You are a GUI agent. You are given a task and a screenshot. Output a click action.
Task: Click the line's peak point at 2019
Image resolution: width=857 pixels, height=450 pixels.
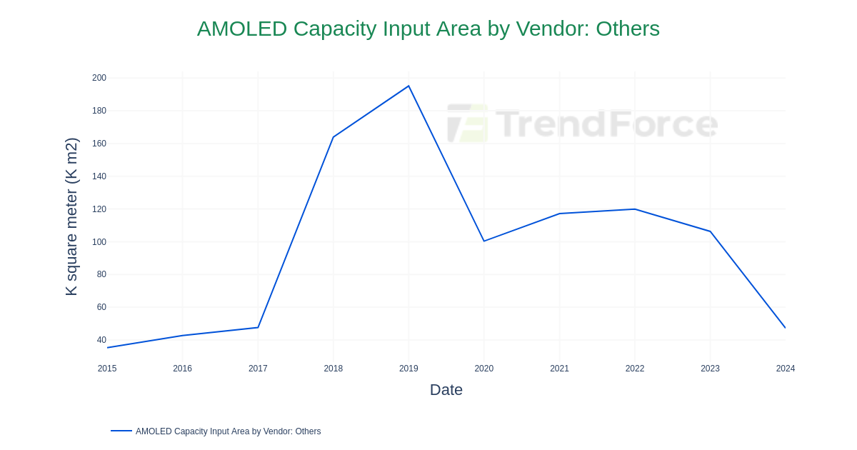click(409, 86)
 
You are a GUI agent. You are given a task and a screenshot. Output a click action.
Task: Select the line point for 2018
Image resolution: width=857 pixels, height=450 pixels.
click(334, 137)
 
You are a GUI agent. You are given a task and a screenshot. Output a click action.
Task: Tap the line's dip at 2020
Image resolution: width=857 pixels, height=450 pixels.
click(484, 241)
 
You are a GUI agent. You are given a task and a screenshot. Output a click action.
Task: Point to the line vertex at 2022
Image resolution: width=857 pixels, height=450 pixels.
click(635, 209)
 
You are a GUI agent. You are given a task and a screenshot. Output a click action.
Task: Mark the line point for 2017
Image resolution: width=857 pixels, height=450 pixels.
click(258, 327)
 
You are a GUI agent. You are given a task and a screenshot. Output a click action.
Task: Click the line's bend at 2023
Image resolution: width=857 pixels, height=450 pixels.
click(710, 231)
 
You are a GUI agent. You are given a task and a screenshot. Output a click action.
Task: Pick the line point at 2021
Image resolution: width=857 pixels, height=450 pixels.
click(559, 214)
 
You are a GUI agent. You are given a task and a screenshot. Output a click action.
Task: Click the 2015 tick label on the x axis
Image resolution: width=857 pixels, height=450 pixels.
click(107, 369)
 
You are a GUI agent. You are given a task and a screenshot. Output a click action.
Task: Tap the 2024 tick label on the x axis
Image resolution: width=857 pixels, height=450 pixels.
click(785, 369)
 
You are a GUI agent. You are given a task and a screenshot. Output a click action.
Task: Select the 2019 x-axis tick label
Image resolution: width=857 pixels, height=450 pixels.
click(409, 369)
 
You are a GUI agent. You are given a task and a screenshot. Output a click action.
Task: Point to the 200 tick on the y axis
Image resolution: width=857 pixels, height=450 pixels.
click(99, 78)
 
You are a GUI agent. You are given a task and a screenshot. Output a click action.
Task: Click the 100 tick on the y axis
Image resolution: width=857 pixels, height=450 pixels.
click(99, 242)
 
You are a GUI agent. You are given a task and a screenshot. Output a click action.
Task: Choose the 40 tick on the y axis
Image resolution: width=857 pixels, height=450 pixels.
click(101, 340)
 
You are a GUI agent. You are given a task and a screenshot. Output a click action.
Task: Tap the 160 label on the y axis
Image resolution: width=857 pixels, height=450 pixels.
click(99, 144)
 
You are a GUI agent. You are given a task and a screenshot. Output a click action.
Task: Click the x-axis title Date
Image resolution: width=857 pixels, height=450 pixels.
click(446, 390)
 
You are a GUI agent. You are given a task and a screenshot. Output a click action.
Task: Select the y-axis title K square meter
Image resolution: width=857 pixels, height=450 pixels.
click(71, 216)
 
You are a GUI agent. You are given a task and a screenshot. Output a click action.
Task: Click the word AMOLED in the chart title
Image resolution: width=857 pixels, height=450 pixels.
click(241, 29)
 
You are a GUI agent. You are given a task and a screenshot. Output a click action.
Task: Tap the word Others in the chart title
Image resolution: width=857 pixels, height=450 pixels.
click(627, 29)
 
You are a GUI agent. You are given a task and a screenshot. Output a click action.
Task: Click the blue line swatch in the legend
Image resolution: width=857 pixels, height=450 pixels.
click(121, 431)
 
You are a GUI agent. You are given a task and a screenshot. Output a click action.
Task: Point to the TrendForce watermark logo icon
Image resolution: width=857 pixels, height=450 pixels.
click(468, 124)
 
